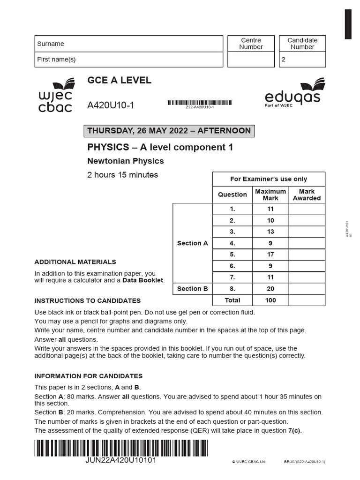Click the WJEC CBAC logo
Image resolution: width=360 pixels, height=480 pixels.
pos(55,96)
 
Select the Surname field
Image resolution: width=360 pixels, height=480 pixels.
pos(129,44)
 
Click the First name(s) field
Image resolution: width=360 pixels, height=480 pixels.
pos(129,60)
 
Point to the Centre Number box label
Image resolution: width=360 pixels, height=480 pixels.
pos(251,44)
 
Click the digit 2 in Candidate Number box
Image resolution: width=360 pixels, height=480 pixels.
pos(283,60)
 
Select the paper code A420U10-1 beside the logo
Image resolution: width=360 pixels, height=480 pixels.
pos(111,105)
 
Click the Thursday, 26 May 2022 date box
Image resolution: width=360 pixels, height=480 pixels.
pos(169,131)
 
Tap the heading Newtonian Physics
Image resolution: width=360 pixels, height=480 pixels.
pos(126,161)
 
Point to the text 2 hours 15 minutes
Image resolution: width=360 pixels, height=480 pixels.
pos(123,175)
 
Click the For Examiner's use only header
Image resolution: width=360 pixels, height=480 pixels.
pos(269,179)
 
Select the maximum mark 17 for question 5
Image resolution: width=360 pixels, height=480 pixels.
pos(270,255)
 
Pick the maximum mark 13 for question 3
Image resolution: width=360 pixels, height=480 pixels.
pos(270,232)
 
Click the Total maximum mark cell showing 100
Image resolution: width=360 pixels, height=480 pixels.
pos(270,300)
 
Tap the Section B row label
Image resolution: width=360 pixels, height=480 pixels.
pos(193,289)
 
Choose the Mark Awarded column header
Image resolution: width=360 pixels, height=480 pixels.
pos(307,195)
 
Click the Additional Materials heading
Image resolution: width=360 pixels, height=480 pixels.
pos(75,262)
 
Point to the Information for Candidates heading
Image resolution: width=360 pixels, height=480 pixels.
pos(89,376)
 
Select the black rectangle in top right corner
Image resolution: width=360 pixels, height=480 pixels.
pos(348,24)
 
